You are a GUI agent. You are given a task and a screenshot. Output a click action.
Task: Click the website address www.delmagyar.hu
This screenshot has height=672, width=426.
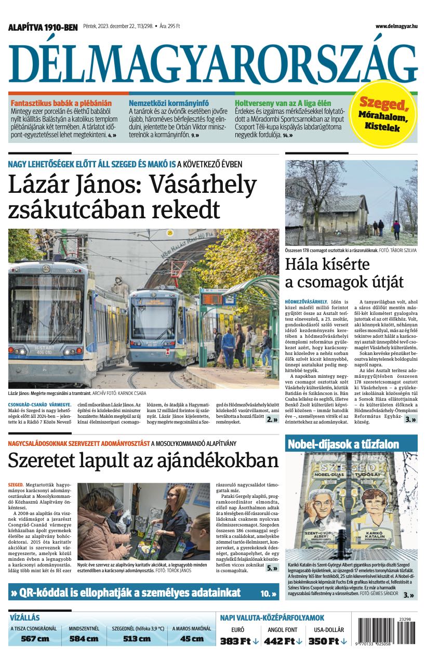[396, 26]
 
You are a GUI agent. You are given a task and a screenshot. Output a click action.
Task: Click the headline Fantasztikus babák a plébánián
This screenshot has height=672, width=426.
[61, 103]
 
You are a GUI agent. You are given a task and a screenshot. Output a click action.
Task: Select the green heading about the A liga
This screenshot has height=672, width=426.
[283, 103]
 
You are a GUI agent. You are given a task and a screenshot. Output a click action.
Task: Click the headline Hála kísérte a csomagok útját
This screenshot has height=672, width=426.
[344, 273]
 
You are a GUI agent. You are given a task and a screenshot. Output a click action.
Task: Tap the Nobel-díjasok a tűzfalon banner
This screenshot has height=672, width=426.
[344, 444]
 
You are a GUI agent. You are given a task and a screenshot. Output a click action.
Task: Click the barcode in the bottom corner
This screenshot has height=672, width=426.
[386, 630]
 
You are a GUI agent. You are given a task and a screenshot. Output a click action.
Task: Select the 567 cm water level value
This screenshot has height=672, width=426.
[35, 639]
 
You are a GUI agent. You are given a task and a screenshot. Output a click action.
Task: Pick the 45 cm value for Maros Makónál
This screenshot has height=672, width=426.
[191, 639]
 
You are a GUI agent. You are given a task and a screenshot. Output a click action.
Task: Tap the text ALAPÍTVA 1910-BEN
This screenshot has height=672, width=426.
[43, 27]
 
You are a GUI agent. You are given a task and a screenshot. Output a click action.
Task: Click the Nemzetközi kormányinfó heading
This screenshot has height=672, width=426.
[168, 103]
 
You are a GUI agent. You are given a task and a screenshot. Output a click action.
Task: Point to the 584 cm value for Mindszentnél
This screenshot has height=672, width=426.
[84, 639]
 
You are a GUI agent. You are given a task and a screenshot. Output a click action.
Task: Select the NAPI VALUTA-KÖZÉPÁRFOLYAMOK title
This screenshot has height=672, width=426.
[272, 618]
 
